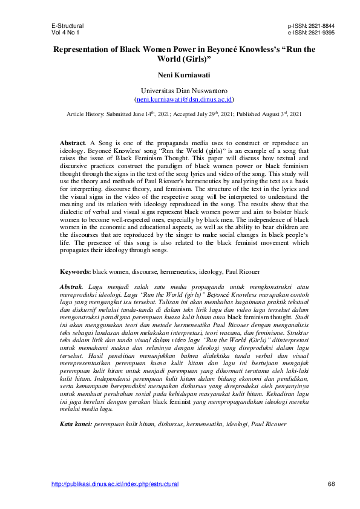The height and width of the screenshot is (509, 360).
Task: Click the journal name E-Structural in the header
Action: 68,27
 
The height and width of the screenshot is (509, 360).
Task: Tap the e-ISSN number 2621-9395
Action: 320,33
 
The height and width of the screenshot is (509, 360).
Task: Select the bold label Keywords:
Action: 75,272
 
